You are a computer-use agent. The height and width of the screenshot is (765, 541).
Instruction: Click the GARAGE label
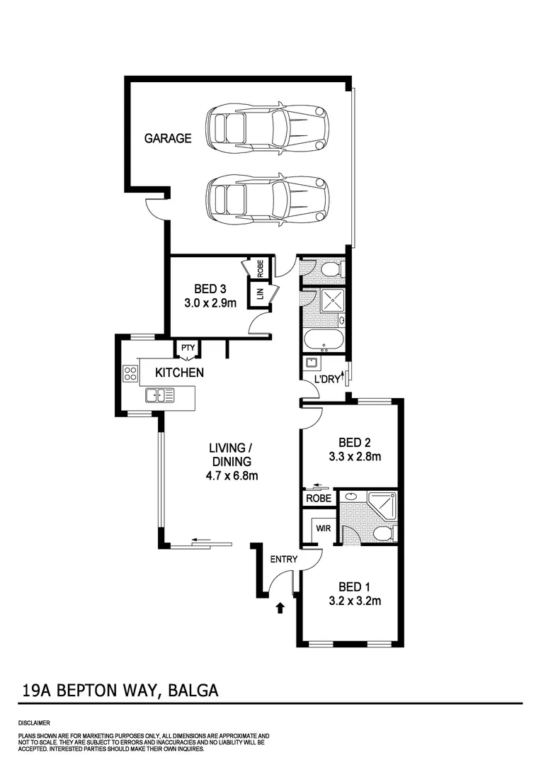tap(168, 139)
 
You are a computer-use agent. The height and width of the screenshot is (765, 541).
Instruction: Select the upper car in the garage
tap(267, 127)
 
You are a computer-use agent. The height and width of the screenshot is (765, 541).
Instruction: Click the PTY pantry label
tap(188, 348)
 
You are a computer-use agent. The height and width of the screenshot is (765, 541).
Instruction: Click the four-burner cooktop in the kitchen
tap(132, 373)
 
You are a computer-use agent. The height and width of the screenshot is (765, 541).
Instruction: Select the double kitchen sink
tap(160, 395)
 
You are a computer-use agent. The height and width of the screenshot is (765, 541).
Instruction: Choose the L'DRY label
tap(327, 380)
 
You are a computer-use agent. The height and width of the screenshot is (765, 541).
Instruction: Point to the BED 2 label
tap(355, 442)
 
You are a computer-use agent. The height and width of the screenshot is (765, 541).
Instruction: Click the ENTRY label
tap(284, 560)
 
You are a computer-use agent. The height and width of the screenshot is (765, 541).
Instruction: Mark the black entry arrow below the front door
tap(280, 607)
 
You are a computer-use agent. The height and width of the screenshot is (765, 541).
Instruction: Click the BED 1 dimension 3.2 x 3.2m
tap(355, 602)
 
